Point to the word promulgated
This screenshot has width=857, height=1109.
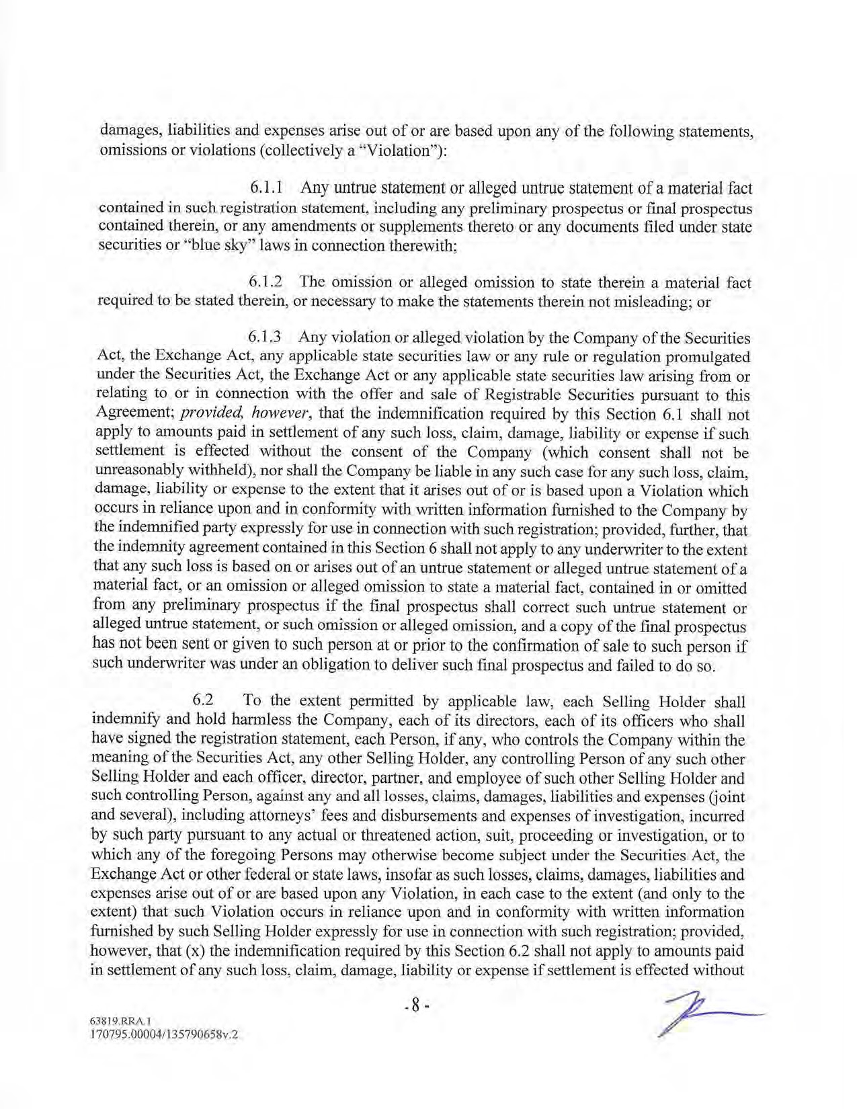702,356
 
